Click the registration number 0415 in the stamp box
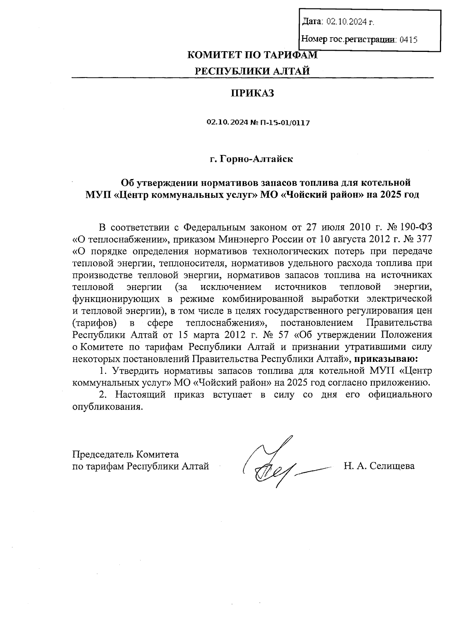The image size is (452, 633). click(x=408, y=39)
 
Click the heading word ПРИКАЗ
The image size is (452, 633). click(x=252, y=93)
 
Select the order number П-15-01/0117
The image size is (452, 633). click(x=285, y=123)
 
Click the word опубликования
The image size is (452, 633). click(x=108, y=407)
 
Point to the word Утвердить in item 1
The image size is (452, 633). click(x=136, y=370)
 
